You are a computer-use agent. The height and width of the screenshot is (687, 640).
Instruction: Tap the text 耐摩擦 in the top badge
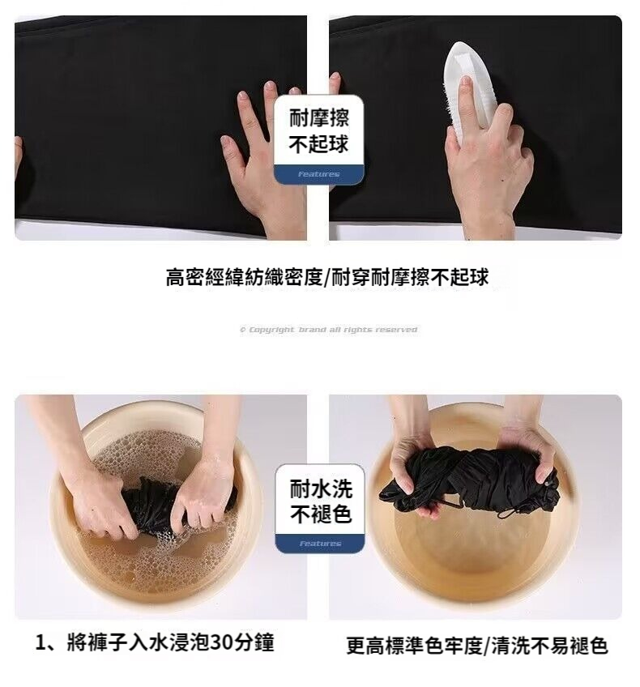(x=319, y=117)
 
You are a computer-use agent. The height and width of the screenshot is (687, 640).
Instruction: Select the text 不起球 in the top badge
(x=319, y=143)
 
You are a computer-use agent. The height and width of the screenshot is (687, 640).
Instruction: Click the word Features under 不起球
(x=319, y=174)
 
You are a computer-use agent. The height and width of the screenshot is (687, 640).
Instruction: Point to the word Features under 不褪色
(x=320, y=544)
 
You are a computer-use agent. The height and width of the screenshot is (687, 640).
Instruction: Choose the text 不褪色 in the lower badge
(x=321, y=514)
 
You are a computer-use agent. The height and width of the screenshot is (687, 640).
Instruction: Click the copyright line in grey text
(x=329, y=330)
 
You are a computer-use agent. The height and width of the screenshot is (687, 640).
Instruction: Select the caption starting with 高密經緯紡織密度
(x=326, y=277)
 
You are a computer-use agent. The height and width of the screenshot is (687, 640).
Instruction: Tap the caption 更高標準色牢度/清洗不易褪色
(x=477, y=646)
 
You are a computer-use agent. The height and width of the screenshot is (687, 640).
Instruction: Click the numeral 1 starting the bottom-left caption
(x=41, y=643)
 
